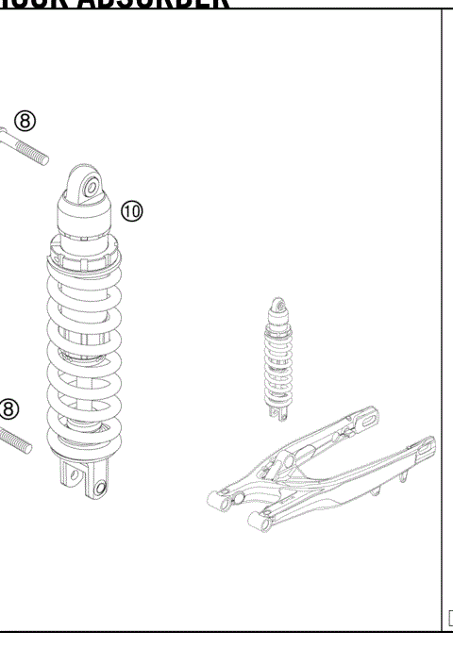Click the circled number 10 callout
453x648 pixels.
132,211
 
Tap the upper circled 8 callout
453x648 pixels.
25,122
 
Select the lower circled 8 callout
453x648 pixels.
8,408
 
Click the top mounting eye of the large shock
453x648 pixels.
91,188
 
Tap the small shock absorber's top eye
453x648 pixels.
277,306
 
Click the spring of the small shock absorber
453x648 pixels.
277,363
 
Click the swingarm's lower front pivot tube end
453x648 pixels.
256,518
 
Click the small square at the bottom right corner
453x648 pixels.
449,619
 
